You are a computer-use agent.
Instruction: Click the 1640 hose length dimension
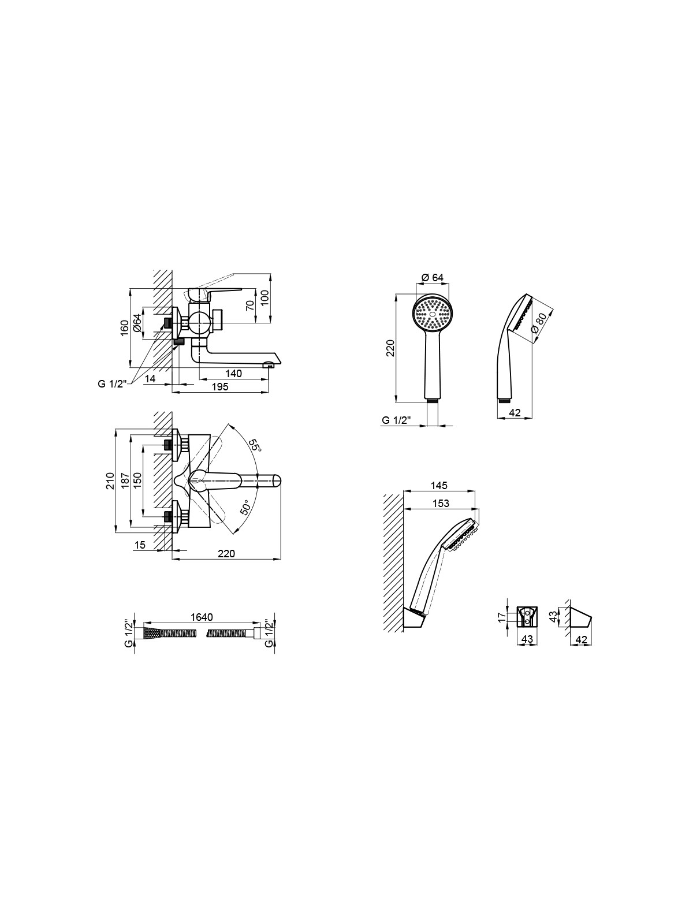tap(202, 617)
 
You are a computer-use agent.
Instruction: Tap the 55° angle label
tap(255, 445)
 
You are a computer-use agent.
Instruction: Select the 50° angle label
tap(245, 507)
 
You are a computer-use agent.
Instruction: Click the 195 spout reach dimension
tap(219, 386)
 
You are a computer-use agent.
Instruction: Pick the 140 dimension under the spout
tap(233, 373)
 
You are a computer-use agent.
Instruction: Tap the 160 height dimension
tap(125, 328)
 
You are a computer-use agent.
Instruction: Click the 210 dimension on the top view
tap(110, 480)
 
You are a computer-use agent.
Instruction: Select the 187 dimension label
tap(125, 480)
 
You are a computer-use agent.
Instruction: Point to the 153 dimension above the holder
tap(441, 504)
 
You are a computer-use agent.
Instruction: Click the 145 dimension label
tap(439, 485)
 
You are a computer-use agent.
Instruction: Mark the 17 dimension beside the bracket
tap(501, 617)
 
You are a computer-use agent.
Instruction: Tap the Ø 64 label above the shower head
tap(433, 277)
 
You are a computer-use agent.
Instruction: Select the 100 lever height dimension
tap(264, 298)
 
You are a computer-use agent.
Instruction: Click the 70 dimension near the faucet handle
tap(251, 305)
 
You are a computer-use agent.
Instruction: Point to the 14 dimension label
tap(150, 378)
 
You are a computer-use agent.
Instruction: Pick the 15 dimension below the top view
tap(140, 545)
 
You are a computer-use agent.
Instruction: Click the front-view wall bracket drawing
tap(527, 617)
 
